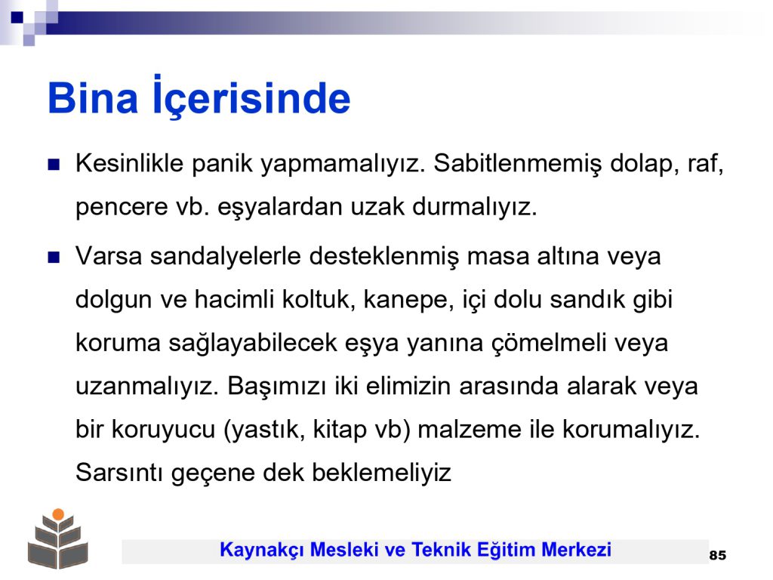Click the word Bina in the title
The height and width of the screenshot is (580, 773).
point(92,97)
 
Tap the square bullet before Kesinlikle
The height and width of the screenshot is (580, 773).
point(54,164)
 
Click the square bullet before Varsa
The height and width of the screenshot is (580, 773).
point(54,257)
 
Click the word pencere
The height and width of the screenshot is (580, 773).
point(122,207)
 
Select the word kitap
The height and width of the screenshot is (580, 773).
point(340,430)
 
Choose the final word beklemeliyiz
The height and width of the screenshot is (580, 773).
point(381,474)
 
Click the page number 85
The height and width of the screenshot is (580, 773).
point(718,555)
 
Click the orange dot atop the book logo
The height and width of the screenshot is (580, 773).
point(58,514)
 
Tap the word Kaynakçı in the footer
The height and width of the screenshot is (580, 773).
point(260,550)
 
